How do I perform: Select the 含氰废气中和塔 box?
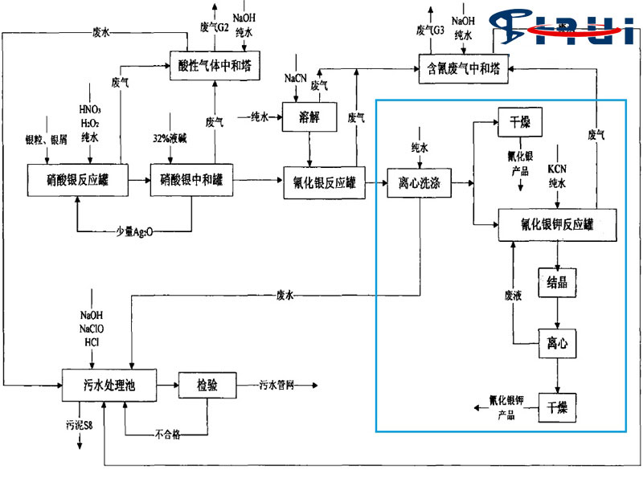click(x=464, y=67)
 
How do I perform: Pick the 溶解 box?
click(x=309, y=117)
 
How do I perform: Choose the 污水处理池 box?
click(x=109, y=386)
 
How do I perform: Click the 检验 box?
click(x=208, y=386)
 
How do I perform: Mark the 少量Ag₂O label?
click(x=133, y=232)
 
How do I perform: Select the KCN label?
click(x=558, y=171)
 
